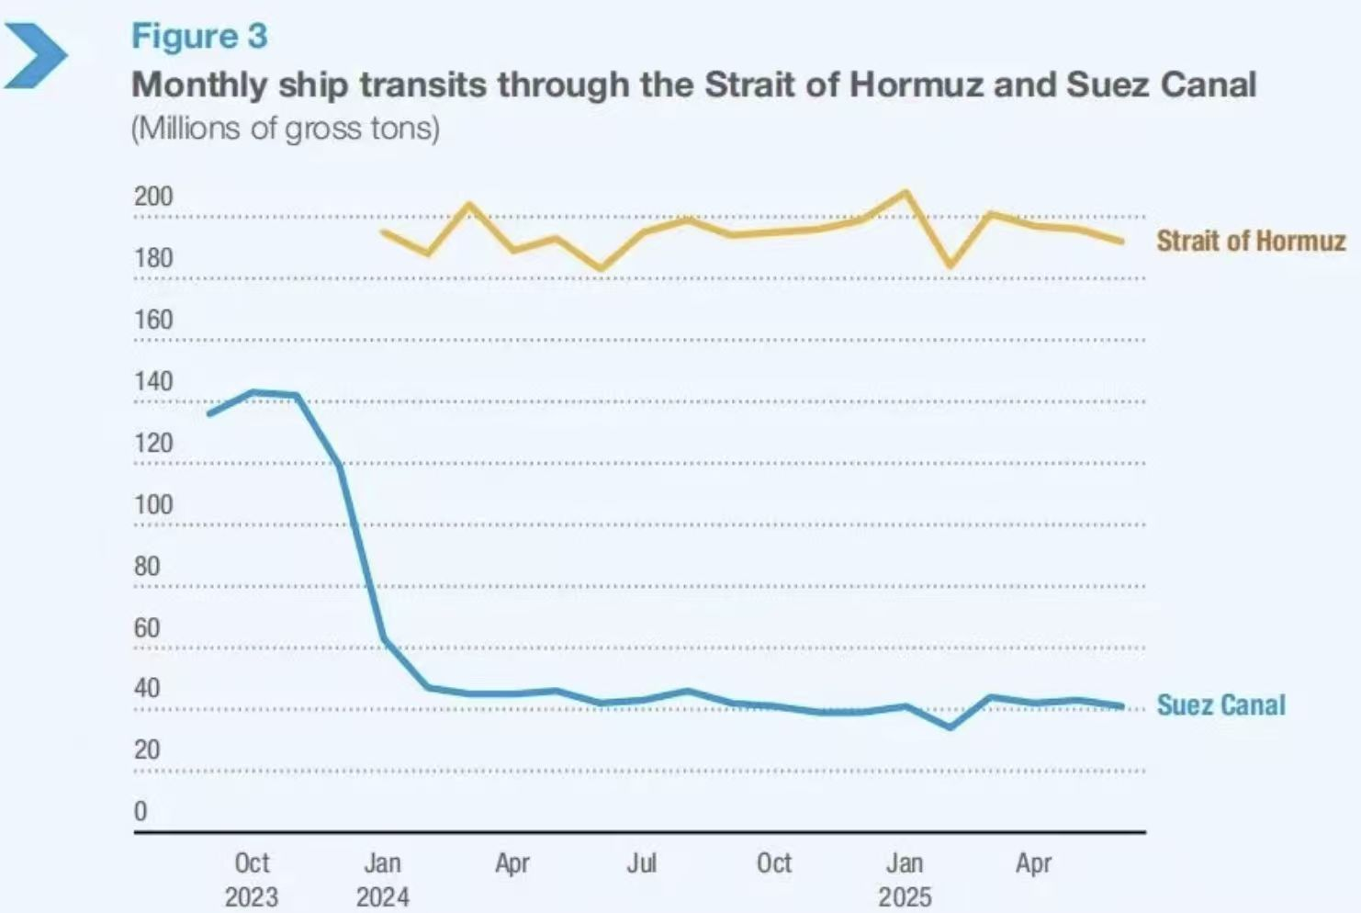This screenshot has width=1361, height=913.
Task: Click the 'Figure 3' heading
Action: coord(199,37)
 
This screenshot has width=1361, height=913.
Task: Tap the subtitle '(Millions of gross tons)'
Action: coord(286,129)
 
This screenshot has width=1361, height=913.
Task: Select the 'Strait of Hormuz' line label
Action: coord(1250,241)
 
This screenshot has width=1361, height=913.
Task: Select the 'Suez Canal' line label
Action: coord(1220,705)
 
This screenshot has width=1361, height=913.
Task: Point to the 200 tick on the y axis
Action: coord(153,197)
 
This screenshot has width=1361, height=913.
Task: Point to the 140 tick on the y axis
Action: coord(153,381)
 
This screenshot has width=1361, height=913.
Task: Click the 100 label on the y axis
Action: coord(153,504)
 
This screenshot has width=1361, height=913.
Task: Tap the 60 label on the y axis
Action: coord(147,627)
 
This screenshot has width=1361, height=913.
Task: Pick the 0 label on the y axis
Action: coord(141,811)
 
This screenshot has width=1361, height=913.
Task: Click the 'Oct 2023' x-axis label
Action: coord(252,879)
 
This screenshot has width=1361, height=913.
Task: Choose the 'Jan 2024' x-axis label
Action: coord(382,879)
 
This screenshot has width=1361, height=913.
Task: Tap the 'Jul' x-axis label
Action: coord(642,863)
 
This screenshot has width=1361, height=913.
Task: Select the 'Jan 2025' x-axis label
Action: coord(905,879)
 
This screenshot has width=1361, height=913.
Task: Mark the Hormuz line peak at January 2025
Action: coord(906,192)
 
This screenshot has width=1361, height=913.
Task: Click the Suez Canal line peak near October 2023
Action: coord(253,392)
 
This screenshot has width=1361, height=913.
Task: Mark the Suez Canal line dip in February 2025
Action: coord(950,727)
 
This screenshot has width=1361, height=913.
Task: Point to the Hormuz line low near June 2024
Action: coord(601,269)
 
